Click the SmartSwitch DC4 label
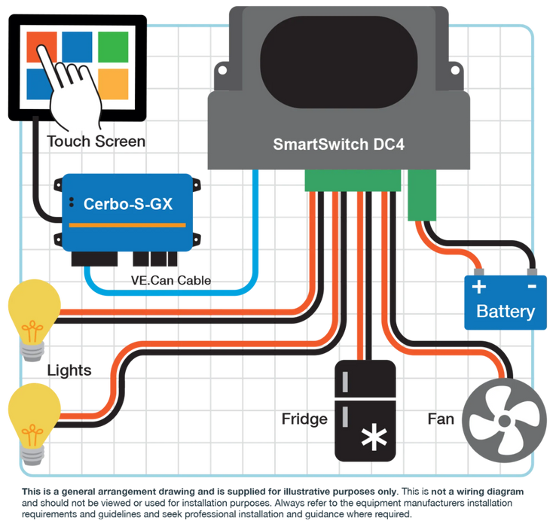pos(338,145)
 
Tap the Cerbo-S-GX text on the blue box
pos(128,204)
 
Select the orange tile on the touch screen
pos(42,47)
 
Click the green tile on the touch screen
pos(113,47)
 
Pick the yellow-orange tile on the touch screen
pos(113,84)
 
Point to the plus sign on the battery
pos(479,287)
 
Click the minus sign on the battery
pos(532,286)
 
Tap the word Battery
pos(506,312)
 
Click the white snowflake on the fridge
pos(374,437)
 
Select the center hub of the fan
pos(504,421)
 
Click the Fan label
pos(441,419)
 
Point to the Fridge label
pos(304,419)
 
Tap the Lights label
pos(69,370)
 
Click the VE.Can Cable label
pos(171,280)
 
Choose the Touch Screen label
pos(96,142)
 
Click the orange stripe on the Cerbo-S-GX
pos(127,225)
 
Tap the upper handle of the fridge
pos(345,382)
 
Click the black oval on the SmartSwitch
pos(338,62)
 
